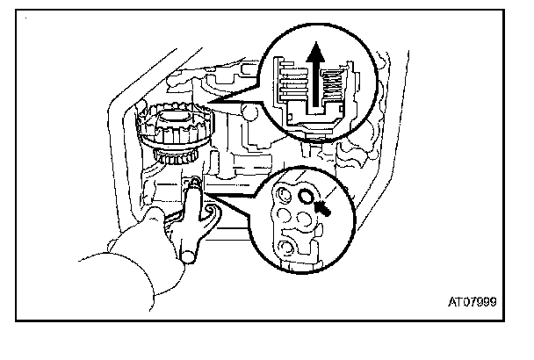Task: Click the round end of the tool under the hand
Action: [187, 256]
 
